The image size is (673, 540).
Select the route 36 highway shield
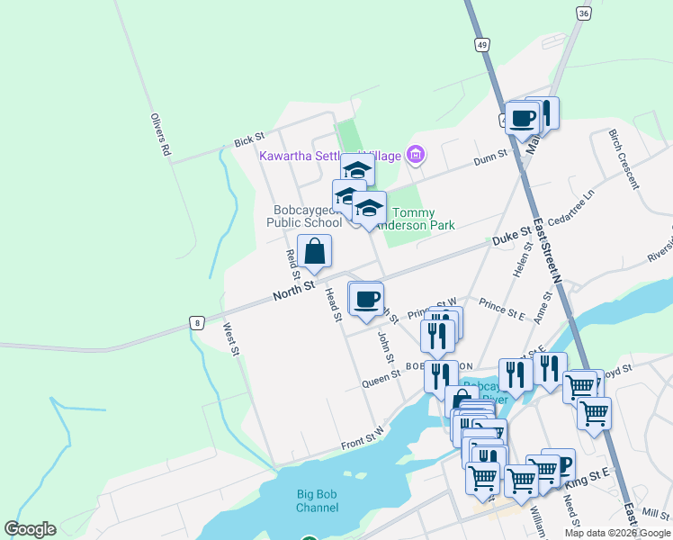click(x=584, y=13)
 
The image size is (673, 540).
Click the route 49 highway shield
click(x=482, y=45)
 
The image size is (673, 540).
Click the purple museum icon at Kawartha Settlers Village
click(x=415, y=155)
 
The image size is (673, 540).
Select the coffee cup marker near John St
click(x=365, y=300)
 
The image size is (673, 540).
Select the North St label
click(x=293, y=289)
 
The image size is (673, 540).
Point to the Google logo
click(x=30, y=529)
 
